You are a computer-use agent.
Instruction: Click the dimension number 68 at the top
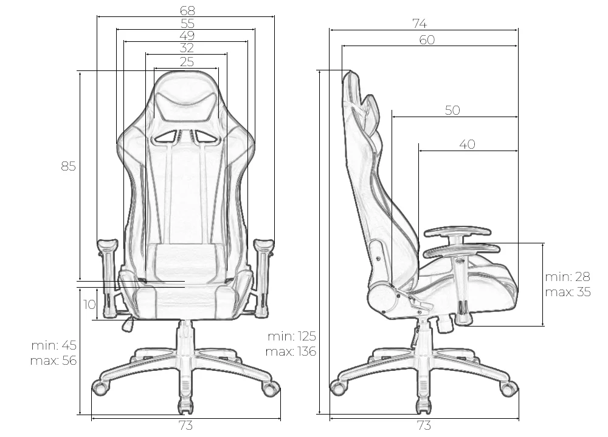coord(187,10)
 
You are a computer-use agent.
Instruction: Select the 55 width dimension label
coord(187,23)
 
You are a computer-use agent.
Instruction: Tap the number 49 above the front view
coord(187,36)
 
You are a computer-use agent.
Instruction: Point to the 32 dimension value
coord(187,48)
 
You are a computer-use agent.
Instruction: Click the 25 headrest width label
coord(187,61)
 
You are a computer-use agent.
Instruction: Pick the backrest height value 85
coord(68,166)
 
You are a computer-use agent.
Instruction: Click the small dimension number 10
coord(89,305)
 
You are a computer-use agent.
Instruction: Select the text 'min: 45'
coord(54,345)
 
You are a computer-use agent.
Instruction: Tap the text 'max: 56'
coord(54,361)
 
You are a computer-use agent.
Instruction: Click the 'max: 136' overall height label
coord(291,351)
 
